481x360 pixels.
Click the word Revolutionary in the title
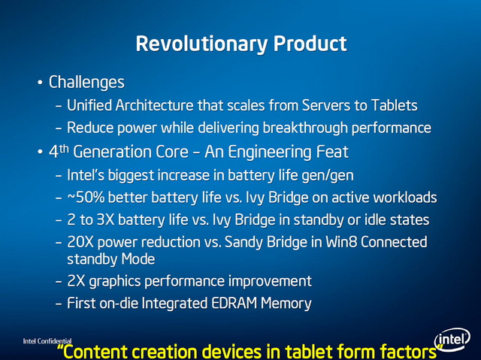click(x=201, y=44)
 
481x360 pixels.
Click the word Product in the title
click(x=310, y=43)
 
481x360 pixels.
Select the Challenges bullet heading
click(x=86, y=83)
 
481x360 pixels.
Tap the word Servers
click(x=326, y=105)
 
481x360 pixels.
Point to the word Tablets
click(x=394, y=105)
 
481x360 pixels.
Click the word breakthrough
click(x=305, y=128)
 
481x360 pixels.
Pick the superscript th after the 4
click(x=64, y=149)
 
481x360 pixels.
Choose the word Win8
click(x=341, y=242)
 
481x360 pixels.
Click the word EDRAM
click(x=234, y=304)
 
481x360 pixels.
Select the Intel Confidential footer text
click(x=47, y=341)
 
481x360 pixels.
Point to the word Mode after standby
click(x=138, y=259)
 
